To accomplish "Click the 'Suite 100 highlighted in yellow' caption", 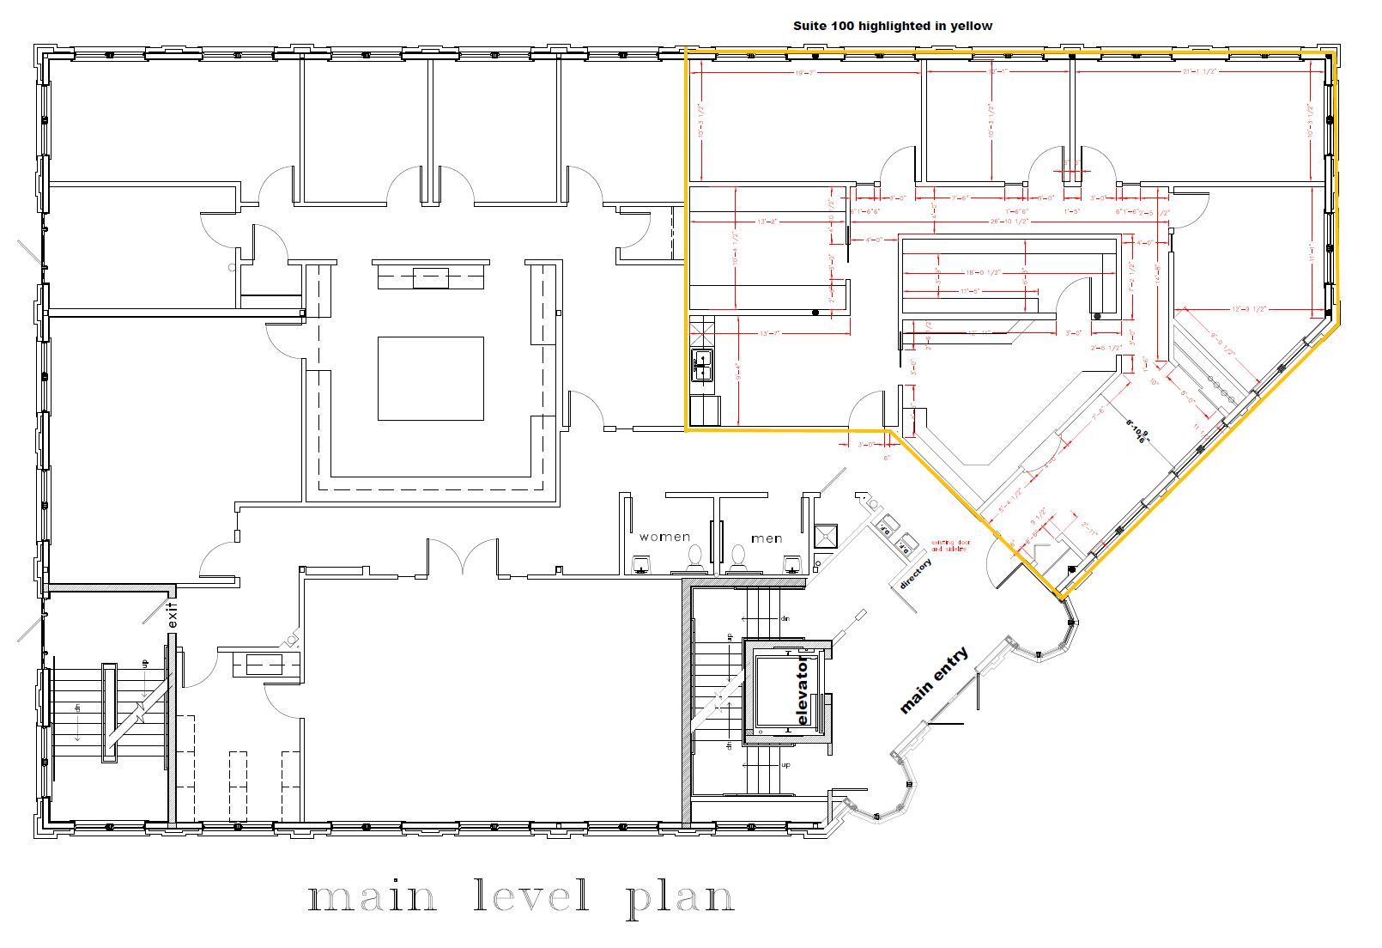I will tap(892, 26).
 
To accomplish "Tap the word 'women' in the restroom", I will tap(664, 538).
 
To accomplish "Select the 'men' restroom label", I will tap(767, 538).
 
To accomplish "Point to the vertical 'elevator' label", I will tap(803, 691).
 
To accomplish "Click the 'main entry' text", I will tap(933, 680).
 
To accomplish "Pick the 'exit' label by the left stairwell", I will tap(172, 616).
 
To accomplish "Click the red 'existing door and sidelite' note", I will tap(949, 545).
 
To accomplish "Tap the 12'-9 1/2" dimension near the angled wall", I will tap(1250, 308).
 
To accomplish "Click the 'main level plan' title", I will tap(521, 898).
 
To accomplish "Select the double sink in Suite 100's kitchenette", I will tap(703, 366).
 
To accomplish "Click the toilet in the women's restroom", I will tap(694, 557).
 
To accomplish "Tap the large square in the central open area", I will tap(431, 378).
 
